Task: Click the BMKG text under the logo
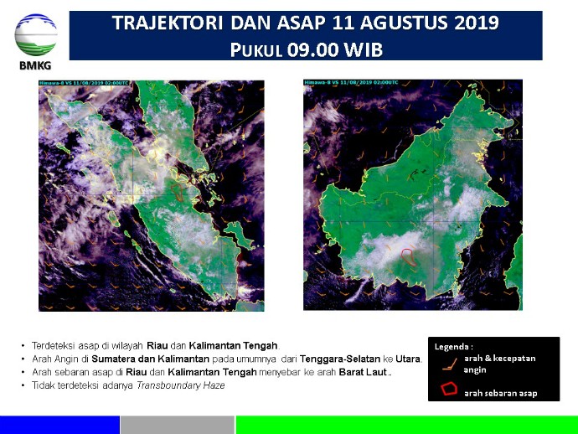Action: [36, 68]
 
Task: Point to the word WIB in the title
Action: [365, 49]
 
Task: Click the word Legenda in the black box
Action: [453, 346]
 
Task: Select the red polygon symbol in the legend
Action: [449, 390]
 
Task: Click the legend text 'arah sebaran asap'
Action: [500, 392]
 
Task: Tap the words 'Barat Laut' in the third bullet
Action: [366, 371]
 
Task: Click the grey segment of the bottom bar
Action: [177, 425]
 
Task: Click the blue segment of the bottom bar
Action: [59, 425]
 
